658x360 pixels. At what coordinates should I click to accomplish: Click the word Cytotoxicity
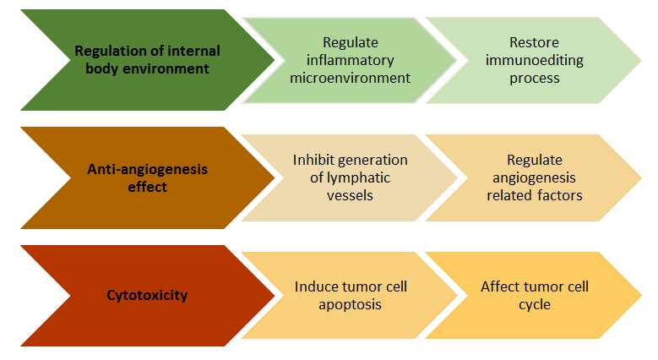[147, 295]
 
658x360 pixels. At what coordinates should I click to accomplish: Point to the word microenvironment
[350, 78]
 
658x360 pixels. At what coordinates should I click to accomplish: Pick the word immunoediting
[534, 61]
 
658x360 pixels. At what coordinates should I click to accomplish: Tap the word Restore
[534, 42]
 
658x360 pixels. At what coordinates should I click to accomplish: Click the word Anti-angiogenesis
[147, 169]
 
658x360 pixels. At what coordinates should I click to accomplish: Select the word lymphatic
[358, 177]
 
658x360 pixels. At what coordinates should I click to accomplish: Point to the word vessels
[350, 196]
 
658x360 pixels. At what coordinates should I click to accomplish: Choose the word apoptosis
[350, 305]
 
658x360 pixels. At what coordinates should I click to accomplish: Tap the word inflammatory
[350, 61]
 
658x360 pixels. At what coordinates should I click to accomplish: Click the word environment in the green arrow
[166, 69]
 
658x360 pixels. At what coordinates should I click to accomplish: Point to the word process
[534, 79]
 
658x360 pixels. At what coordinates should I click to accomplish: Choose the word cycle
[534, 305]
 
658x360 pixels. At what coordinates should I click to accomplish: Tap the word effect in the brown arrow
[147, 188]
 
